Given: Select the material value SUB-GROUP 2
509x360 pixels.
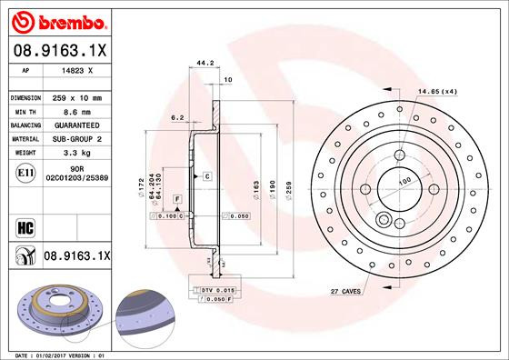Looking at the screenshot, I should click(x=76, y=138).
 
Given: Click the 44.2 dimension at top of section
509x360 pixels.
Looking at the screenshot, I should click(x=205, y=64).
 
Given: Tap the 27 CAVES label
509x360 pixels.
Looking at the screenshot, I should click(x=346, y=292).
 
